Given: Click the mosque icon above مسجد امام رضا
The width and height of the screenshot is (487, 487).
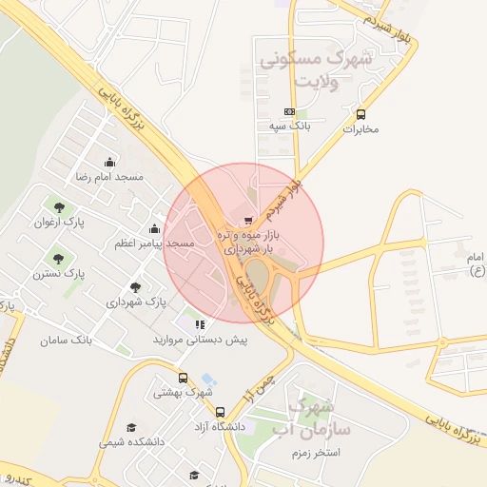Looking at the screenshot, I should [109, 162].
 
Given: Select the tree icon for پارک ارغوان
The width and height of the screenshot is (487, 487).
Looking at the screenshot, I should [61, 207].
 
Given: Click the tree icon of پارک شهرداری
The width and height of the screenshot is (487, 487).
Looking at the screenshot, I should [135, 286].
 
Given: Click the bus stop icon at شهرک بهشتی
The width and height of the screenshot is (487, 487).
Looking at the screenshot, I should [183, 378].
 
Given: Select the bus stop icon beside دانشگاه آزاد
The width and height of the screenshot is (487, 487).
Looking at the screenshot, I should [221, 413].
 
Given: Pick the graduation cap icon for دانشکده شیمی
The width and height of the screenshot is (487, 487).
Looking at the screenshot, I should [131, 427].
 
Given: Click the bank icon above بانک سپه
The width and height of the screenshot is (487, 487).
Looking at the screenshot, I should [289, 111].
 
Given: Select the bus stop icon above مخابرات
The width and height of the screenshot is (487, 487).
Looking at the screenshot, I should [360, 114].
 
